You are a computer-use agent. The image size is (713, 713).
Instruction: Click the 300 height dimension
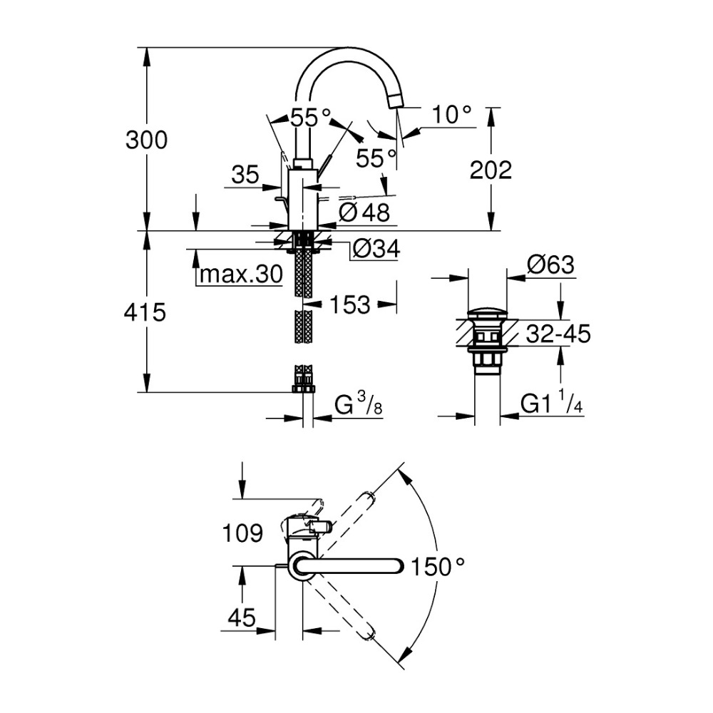point(146,140)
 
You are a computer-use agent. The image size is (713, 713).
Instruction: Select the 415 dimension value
point(146,312)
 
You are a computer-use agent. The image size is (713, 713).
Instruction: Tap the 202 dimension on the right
point(491,170)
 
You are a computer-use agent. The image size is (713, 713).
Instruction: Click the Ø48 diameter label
point(364,211)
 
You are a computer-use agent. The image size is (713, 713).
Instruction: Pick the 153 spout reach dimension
point(350,305)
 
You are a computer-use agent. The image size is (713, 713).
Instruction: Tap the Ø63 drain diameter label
point(550,265)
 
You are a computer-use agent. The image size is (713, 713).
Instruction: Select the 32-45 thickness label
point(558,333)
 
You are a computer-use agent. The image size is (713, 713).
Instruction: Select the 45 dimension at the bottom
point(242,618)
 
